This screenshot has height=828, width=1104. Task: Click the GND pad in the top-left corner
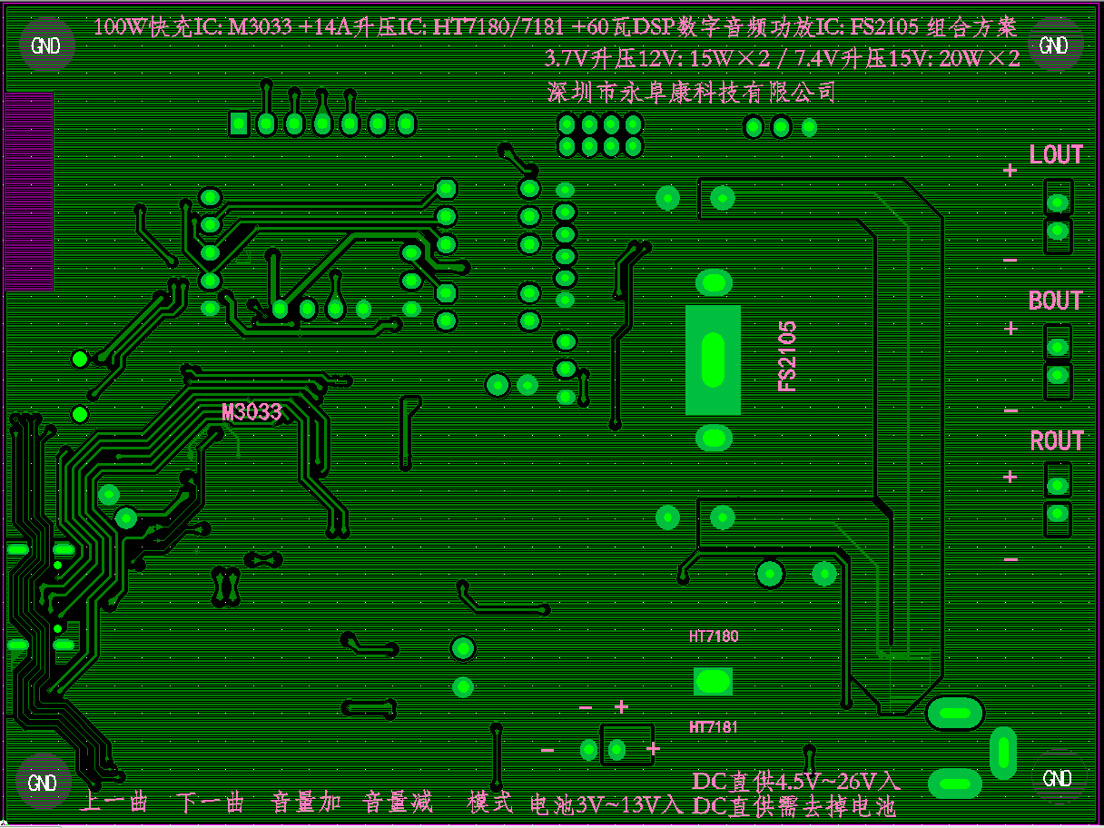[x=45, y=45]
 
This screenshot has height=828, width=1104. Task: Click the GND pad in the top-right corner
[x=1053, y=45]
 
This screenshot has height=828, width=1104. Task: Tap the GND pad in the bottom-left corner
[x=43, y=782]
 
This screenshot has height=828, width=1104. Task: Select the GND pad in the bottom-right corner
[x=1058, y=778]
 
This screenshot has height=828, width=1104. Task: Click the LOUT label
[x=1056, y=155]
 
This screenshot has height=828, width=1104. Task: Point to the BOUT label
[x=1056, y=301]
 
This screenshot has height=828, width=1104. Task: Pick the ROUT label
[x=1056, y=441]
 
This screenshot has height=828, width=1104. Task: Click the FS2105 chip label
[x=787, y=356]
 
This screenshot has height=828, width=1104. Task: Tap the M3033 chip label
[x=252, y=412]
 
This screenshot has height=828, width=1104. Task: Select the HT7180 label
[x=714, y=636]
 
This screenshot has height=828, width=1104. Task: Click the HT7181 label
[x=714, y=727]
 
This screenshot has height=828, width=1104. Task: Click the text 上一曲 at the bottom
[x=113, y=803]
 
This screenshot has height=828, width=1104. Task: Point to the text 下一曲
[x=211, y=803]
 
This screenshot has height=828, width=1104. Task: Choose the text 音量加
[x=307, y=803]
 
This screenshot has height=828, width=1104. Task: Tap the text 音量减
[x=399, y=803]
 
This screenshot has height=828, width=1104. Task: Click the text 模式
[x=490, y=803]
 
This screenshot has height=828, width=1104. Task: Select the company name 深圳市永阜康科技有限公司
[x=691, y=92]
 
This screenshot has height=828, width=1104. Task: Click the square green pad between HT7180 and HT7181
[x=713, y=681]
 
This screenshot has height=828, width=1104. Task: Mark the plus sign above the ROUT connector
[x=1010, y=476]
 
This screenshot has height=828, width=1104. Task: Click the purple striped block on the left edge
[x=28, y=191]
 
